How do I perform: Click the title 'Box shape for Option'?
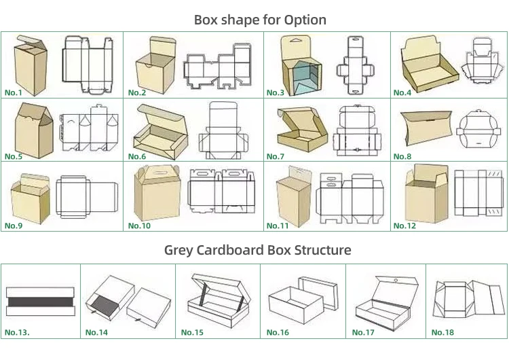point(260,20)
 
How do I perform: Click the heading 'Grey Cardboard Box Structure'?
point(258,250)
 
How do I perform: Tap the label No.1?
point(14,92)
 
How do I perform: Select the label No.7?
point(276,157)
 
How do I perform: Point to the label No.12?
point(404,226)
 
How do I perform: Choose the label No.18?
point(442,332)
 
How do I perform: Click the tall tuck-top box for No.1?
point(31,65)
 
